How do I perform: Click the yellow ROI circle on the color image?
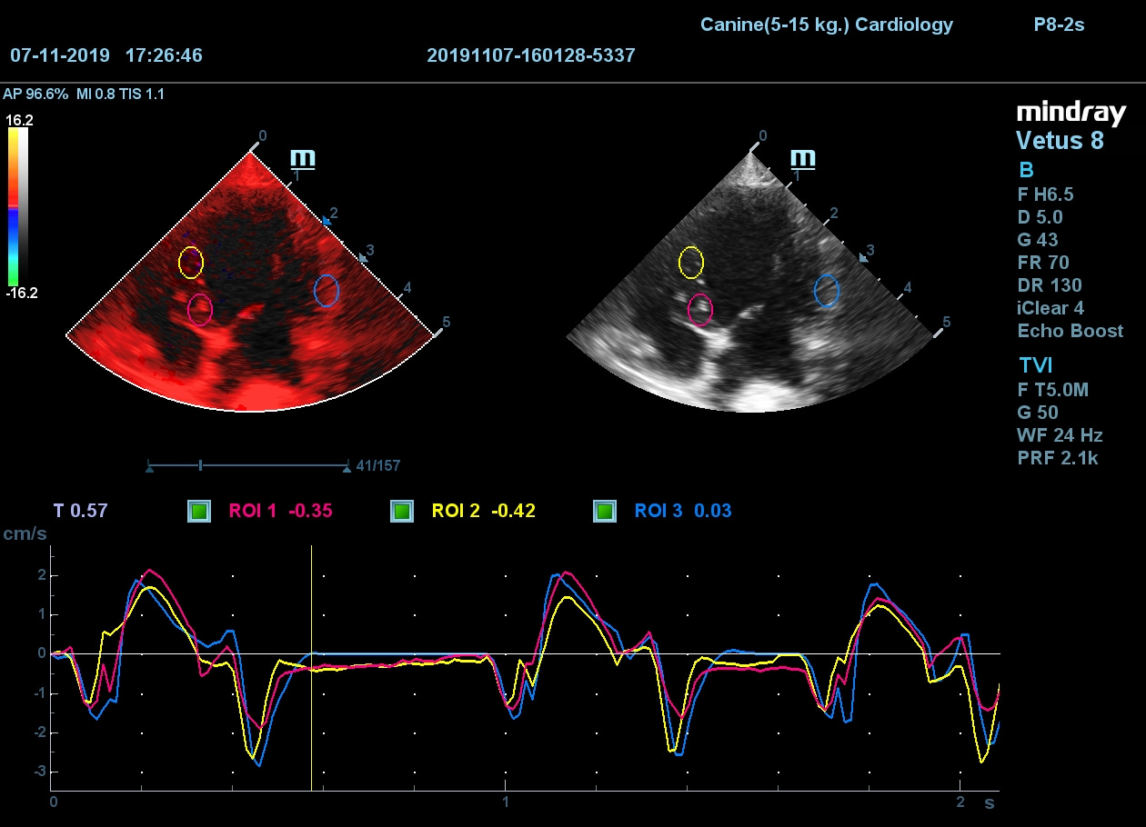coord(190,262)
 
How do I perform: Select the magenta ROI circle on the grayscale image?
coord(700,309)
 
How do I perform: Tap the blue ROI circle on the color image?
coord(327,291)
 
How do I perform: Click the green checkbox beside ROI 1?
coord(199,511)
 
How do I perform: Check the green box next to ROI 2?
coord(401,511)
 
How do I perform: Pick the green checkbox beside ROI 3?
coord(605,511)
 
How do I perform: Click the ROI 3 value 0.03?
coord(712,511)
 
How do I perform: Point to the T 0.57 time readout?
coord(80,511)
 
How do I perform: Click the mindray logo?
coord(1071,113)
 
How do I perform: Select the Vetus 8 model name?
coord(1060,141)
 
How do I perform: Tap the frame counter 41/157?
coord(378,466)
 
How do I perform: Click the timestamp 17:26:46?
coord(164,55)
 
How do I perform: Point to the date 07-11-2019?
coord(60,55)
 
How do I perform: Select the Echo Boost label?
coord(1070,331)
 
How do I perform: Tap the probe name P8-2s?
coord(1059,25)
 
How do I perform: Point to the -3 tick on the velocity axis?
coord(40,772)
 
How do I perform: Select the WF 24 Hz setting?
coord(1060,435)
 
